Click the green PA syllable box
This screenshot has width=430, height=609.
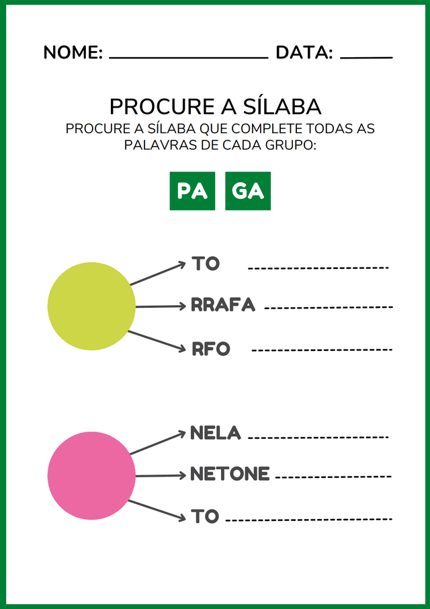pos(192,191)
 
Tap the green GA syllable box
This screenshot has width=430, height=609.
pos(248,191)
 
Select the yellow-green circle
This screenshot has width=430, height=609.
pos(91,306)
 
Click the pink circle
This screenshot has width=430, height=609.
pos(91,476)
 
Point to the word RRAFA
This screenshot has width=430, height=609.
pos(223,305)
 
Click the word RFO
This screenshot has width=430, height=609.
pos(211,349)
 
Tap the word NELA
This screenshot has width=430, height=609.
pos(215,433)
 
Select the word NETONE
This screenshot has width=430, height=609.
pos(230,474)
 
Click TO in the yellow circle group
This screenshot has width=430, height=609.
pos(206,263)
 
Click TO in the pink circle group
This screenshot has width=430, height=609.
pos(206,516)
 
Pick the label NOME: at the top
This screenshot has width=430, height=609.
pos(73,53)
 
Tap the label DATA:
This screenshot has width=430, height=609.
pos(304,53)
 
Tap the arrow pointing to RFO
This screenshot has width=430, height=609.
pos(156,340)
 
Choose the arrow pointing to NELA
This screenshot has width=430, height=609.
pos(157,444)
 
